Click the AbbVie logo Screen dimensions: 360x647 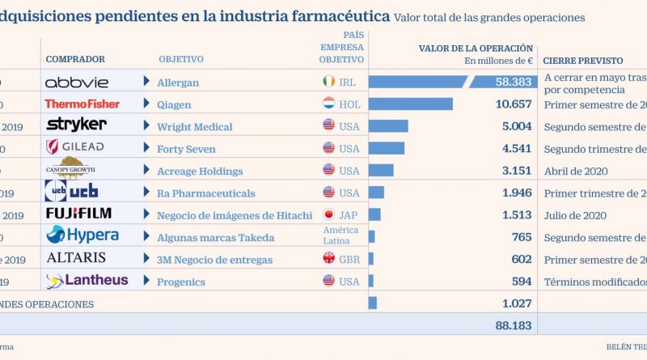[x=78, y=82]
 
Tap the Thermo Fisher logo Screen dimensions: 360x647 [x=82, y=104]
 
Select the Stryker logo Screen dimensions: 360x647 [x=76, y=125]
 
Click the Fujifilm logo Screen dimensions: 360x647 [x=78, y=214]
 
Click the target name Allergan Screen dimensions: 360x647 [x=179, y=83]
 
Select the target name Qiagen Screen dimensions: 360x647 [x=176, y=104]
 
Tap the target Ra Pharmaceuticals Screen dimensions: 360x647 [x=206, y=193]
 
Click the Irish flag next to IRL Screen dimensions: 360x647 [x=328, y=82]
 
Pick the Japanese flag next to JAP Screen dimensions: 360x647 [x=328, y=215]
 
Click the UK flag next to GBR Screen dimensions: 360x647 [x=328, y=259]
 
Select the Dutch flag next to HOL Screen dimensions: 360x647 [x=328, y=104]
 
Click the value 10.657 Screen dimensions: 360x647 [x=513, y=104]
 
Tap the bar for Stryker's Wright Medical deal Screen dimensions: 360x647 [x=388, y=126]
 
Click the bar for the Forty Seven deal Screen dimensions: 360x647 [x=386, y=148]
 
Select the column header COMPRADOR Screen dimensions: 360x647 [x=76, y=59]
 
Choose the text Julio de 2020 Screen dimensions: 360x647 [x=575, y=215]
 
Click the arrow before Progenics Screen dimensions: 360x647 [x=146, y=281]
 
